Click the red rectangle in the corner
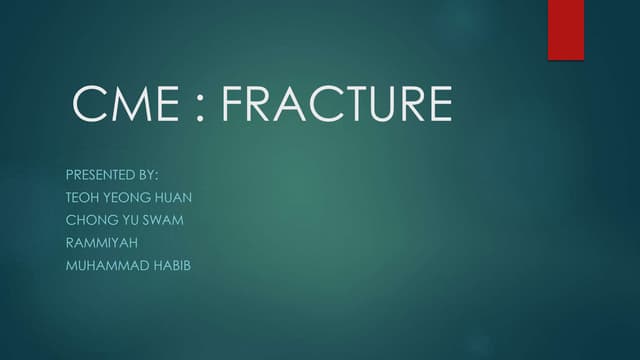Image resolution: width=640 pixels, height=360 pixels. [x=565, y=30]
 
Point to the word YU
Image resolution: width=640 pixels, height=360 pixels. [x=123, y=220]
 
